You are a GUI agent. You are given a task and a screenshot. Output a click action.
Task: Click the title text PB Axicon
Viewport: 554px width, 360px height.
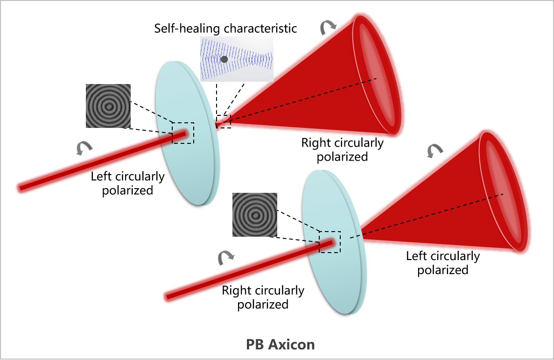[x=281, y=345]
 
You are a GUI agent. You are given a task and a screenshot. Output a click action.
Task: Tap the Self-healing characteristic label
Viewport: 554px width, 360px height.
[x=225, y=28]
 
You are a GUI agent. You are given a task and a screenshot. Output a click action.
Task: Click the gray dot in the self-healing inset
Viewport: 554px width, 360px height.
[x=224, y=59]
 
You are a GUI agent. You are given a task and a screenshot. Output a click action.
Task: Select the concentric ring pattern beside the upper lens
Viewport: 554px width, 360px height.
[x=108, y=106]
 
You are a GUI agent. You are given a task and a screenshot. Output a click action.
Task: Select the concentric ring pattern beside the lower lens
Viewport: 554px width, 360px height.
[x=254, y=215]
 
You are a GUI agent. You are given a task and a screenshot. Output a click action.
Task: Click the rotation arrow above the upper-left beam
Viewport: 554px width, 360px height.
[x=84, y=148]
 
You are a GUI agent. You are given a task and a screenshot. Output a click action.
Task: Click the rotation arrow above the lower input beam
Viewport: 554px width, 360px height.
[x=226, y=257]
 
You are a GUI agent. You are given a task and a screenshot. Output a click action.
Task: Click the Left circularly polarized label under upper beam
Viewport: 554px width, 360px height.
[x=127, y=183]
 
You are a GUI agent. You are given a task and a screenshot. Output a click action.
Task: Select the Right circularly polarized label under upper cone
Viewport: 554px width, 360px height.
[x=342, y=149]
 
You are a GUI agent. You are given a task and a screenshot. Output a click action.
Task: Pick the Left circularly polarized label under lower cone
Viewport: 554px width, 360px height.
[x=442, y=263]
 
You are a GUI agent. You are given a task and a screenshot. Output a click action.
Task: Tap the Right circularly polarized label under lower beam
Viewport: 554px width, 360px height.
[x=263, y=297]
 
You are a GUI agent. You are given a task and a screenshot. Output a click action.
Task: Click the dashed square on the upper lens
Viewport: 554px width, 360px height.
[x=183, y=133]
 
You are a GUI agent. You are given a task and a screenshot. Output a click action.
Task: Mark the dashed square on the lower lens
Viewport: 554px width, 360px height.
[x=330, y=242]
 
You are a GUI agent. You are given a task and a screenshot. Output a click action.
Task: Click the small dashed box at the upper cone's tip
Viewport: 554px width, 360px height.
[x=224, y=121]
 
